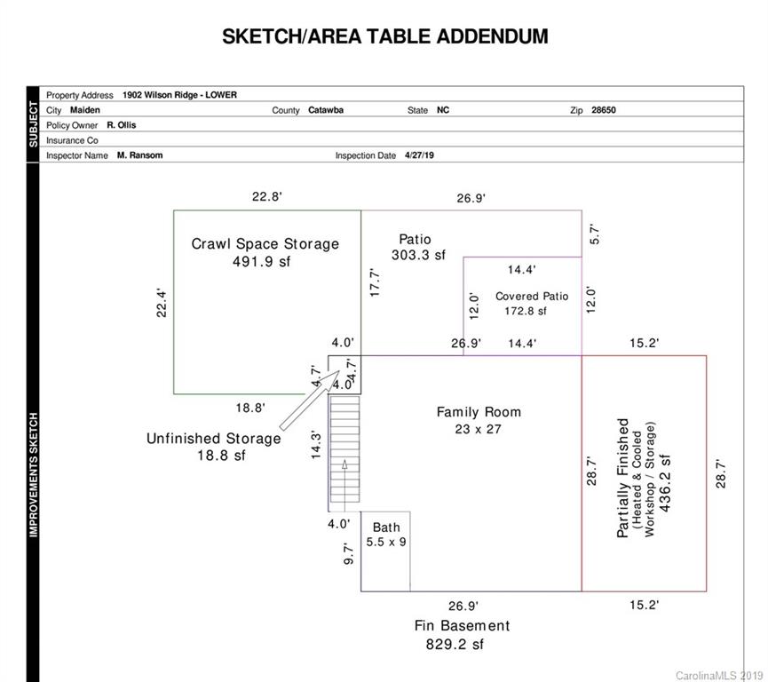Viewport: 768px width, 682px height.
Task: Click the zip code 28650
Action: point(604,110)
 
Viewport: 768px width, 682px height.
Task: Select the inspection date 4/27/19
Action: point(419,155)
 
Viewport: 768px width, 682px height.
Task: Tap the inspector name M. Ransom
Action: point(139,155)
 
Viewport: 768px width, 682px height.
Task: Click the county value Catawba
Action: point(326,110)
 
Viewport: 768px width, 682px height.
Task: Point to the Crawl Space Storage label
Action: point(265,244)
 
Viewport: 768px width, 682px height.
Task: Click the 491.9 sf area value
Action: point(262,262)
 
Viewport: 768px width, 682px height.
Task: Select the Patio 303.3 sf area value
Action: point(419,255)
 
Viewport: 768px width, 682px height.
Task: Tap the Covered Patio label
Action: point(532,297)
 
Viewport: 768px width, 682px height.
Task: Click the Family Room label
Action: point(479,412)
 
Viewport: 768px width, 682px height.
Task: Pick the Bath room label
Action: point(386,527)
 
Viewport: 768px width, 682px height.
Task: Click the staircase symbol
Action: point(344,449)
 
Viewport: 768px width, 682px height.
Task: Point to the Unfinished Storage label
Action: point(214,439)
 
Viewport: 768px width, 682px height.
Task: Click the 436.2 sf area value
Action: point(665,483)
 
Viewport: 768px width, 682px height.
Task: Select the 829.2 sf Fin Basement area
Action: point(455,645)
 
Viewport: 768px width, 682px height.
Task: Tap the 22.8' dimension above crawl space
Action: point(267,197)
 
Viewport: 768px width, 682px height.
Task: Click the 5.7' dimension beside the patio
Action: point(594,234)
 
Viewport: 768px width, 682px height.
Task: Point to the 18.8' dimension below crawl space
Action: point(250,408)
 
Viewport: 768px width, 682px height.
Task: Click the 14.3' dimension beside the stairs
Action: point(316,445)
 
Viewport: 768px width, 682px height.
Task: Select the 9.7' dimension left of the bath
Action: point(348,553)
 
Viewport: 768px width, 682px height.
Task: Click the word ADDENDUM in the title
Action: point(492,36)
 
